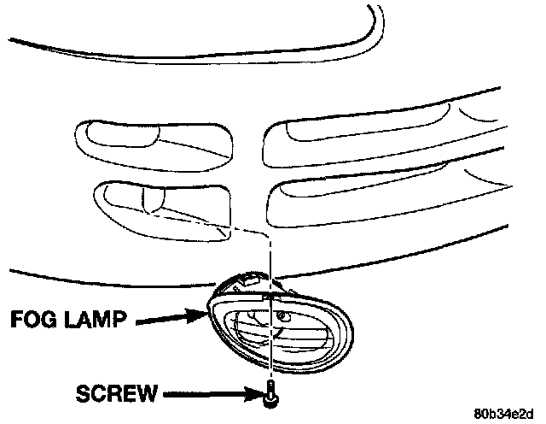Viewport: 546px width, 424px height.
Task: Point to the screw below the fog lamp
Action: pyautogui.click(x=270, y=393)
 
